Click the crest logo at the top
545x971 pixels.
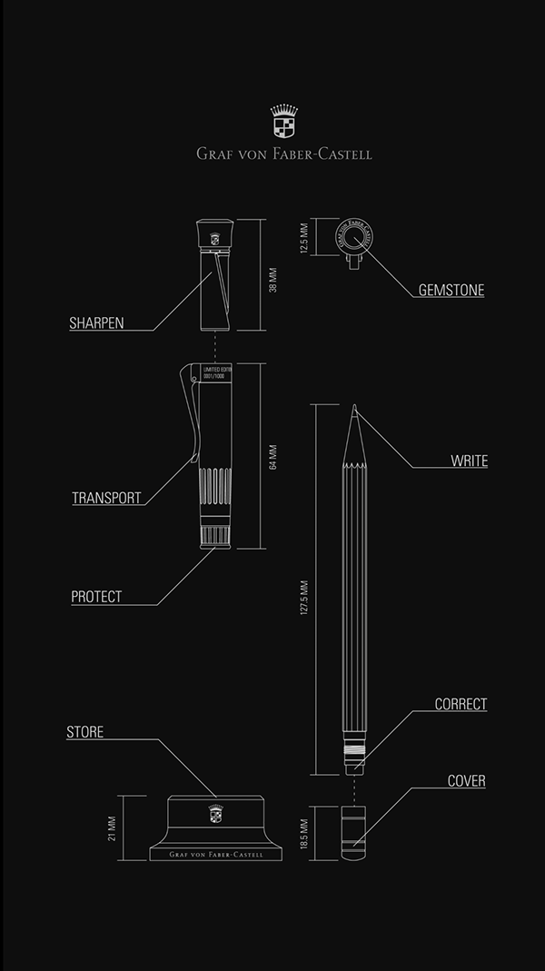click(283, 121)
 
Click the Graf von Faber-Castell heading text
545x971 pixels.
click(283, 154)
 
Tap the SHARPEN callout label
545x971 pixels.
click(96, 322)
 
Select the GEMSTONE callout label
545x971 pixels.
click(451, 291)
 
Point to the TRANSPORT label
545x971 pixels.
click(106, 498)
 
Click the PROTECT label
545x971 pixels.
click(96, 597)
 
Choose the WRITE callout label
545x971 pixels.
click(469, 461)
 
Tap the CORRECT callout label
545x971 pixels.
click(461, 704)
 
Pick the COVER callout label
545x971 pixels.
click(466, 781)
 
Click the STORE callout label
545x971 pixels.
click(84, 732)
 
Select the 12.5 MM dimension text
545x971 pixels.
click(305, 238)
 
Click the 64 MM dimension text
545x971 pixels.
click(272, 457)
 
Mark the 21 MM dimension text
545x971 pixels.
click(112, 827)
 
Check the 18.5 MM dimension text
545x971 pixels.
click(305, 832)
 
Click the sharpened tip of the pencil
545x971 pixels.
click(354, 410)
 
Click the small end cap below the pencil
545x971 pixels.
click(353, 826)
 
